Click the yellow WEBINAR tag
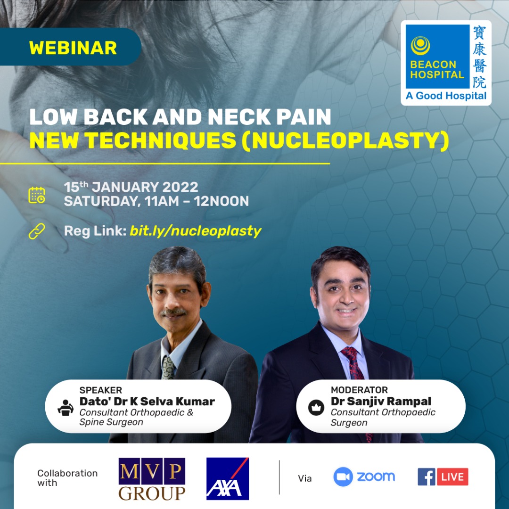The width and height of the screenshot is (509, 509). point(73,48)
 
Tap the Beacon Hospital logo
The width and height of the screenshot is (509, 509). point(446,62)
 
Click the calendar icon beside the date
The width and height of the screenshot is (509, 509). point(37,195)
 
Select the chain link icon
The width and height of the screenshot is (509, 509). point(37,231)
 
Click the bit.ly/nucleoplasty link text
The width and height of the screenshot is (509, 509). point(195,231)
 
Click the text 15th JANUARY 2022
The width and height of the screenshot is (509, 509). point(131,187)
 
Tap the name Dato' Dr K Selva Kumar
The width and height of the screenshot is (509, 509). point(147,402)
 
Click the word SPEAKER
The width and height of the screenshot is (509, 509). point(100,390)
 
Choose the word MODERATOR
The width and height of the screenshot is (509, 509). point(359,390)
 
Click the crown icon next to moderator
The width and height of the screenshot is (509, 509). point(316,407)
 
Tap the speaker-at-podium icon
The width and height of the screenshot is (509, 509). point(66,407)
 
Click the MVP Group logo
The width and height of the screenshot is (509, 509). point(152,478)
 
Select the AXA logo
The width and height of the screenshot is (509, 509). point(228,478)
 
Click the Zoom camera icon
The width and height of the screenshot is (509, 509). point(343,477)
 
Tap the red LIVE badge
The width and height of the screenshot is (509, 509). point(453,477)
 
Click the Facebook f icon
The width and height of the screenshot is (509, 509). point(427,477)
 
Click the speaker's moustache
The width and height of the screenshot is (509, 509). point(173,312)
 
